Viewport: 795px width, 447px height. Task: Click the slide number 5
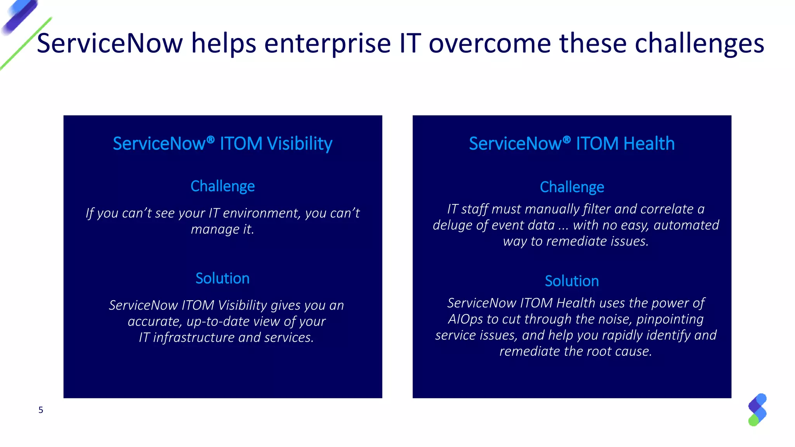click(41, 410)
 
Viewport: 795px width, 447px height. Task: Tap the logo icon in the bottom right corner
click(757, 410)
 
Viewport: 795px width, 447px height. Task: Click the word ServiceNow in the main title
click(110, 43)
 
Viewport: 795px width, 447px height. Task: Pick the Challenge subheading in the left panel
click(222, 186)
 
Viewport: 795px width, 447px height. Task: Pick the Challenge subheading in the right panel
click(572, 187)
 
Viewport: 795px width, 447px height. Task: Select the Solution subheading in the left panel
click(222, 278)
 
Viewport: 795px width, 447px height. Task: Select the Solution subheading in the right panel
click(572, 281)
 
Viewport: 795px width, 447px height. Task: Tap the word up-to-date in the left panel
click(218, 321)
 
